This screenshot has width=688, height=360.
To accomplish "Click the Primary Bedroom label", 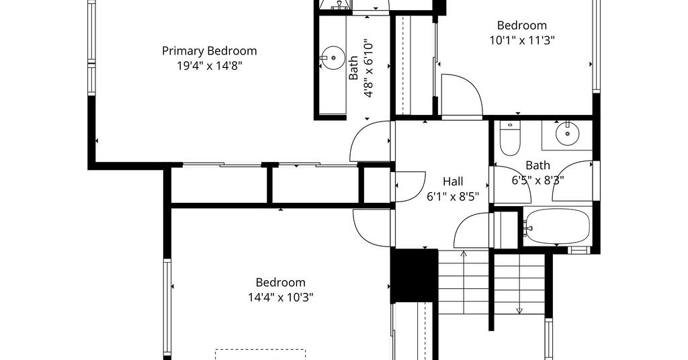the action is pyautogui.click(x=210, y=51).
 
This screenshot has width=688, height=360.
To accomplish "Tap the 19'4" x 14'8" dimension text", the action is pyautogui.click(x=210, y=66).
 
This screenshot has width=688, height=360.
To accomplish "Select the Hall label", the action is pyautogui.click(x=453, y=181).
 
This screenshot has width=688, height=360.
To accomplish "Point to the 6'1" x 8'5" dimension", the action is pyautogui.click(x=453, y=196).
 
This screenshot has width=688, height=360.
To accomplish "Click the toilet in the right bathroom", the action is pyautogui.click(x=509, y=138).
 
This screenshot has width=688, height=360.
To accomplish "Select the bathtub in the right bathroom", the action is pyautogui.click(x=556, y=226).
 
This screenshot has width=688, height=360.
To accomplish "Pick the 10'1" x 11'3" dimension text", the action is pyautogui.click(x=522, y=40).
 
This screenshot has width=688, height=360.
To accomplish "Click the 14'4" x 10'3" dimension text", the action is pyautogui.click(x=281, y=298).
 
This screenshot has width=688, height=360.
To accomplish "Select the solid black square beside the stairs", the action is pyautogui.click(x=414, y=275).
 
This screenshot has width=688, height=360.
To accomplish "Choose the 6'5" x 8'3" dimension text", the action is pyautogui.click(x=538, y=180).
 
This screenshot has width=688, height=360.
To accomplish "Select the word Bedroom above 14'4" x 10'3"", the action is pyautogui.click(x=281, y=282).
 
